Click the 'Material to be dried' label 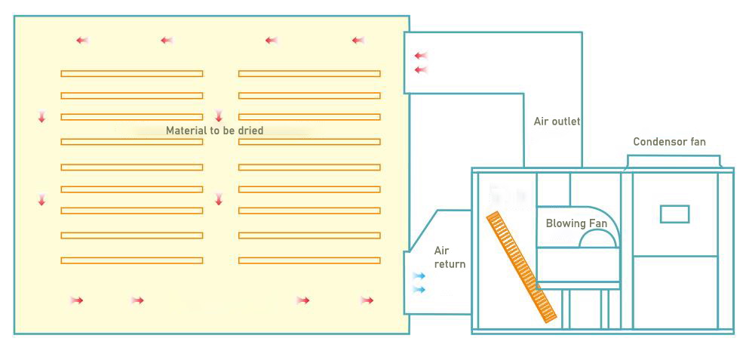coord(214,131)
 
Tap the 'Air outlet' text coord(557,122)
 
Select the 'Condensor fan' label coord(669,142)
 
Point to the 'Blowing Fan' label coord(576,223)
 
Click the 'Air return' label coord(450,257)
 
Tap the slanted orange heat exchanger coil coord(521,267)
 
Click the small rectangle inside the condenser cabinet coord(674,214)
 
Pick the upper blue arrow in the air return coord(419,276)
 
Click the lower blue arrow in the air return coord(419,290)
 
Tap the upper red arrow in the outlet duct coord(420,56)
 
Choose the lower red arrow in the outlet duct coord(420,70)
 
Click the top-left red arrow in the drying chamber coord(81,41)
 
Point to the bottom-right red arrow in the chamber coord(367,300)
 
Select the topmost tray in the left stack coord(131,73)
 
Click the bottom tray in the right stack coord(309,260)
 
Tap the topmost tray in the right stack coord(309,73)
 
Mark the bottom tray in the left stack coord(131,260)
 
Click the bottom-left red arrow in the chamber coord(76,300)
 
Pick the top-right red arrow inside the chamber coord(358,41)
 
